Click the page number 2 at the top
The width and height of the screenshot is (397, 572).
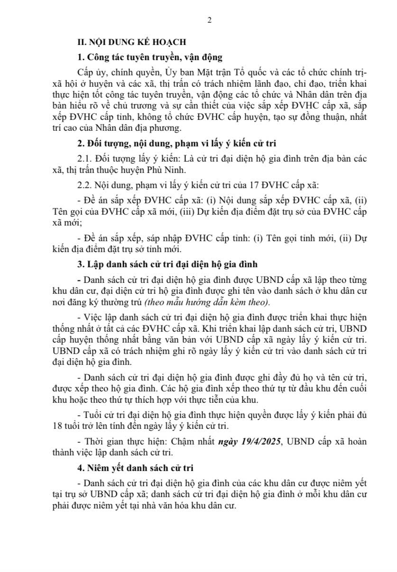[x=209, y=20]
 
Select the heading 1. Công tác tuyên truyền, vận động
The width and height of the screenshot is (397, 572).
[x=150, y=58]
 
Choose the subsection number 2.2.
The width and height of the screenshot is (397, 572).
[x=85, y=185]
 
